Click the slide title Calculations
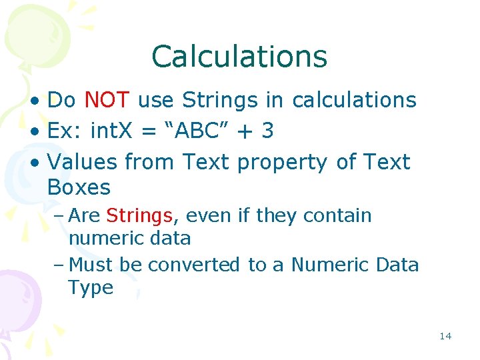pyautogui.click(x=239, y=57)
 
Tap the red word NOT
pyautogui.click(x=107, y=100)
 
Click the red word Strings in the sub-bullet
pyautogui.click(x=139, y=215)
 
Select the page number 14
pyautogui.click(x=445, y=335)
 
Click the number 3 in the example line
pyautogui.click(x=267, y=131)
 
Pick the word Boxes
pyautogui.click(x=79, y=187)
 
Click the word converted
pyautogui.click(x=194, y=265)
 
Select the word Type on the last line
pyautogui.click(x=91, y=288)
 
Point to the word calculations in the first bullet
pyautogui.click(x=354, y=100)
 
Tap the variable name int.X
pyautogui.click(x=113, y=131)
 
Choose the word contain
pyautogui.click(x=338, y=215)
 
